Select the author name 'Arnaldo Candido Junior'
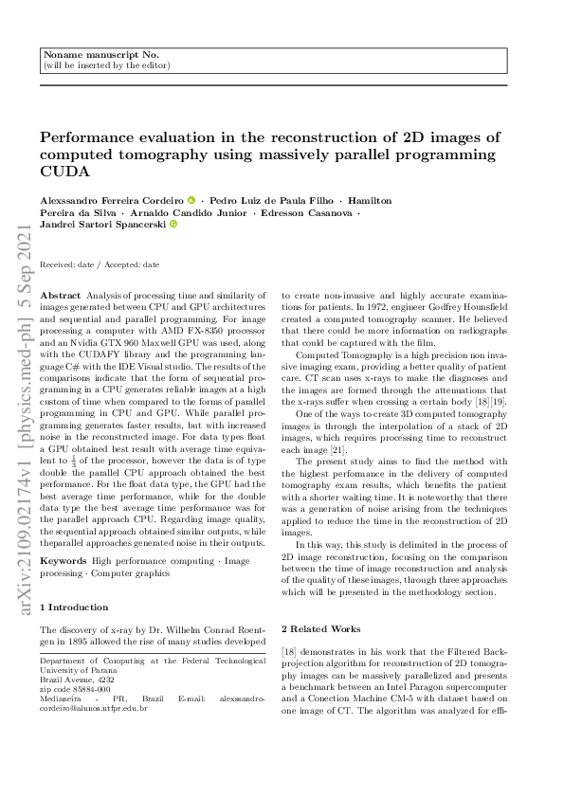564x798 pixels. click(x=186, y=212)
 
